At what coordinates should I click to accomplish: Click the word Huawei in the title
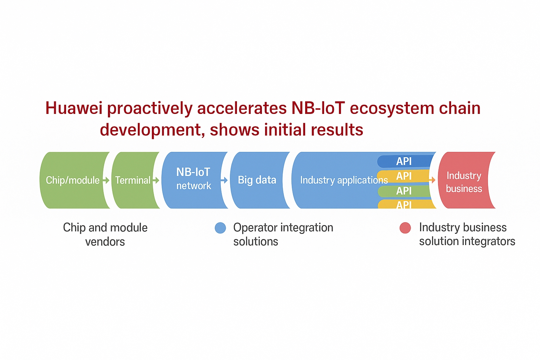74,108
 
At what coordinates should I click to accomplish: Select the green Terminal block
135,180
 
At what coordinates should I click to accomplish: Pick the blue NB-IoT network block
194,180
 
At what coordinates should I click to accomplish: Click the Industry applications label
344,180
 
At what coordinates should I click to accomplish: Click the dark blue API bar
405,161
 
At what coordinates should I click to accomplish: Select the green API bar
404,191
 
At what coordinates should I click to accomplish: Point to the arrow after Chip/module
106,180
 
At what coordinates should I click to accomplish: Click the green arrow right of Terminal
156,180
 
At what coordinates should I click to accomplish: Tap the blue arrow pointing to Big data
224,180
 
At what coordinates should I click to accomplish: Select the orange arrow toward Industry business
432,180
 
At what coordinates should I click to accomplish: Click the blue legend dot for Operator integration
220,228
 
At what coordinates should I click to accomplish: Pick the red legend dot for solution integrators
405,228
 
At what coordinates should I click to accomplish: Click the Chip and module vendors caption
105,234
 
